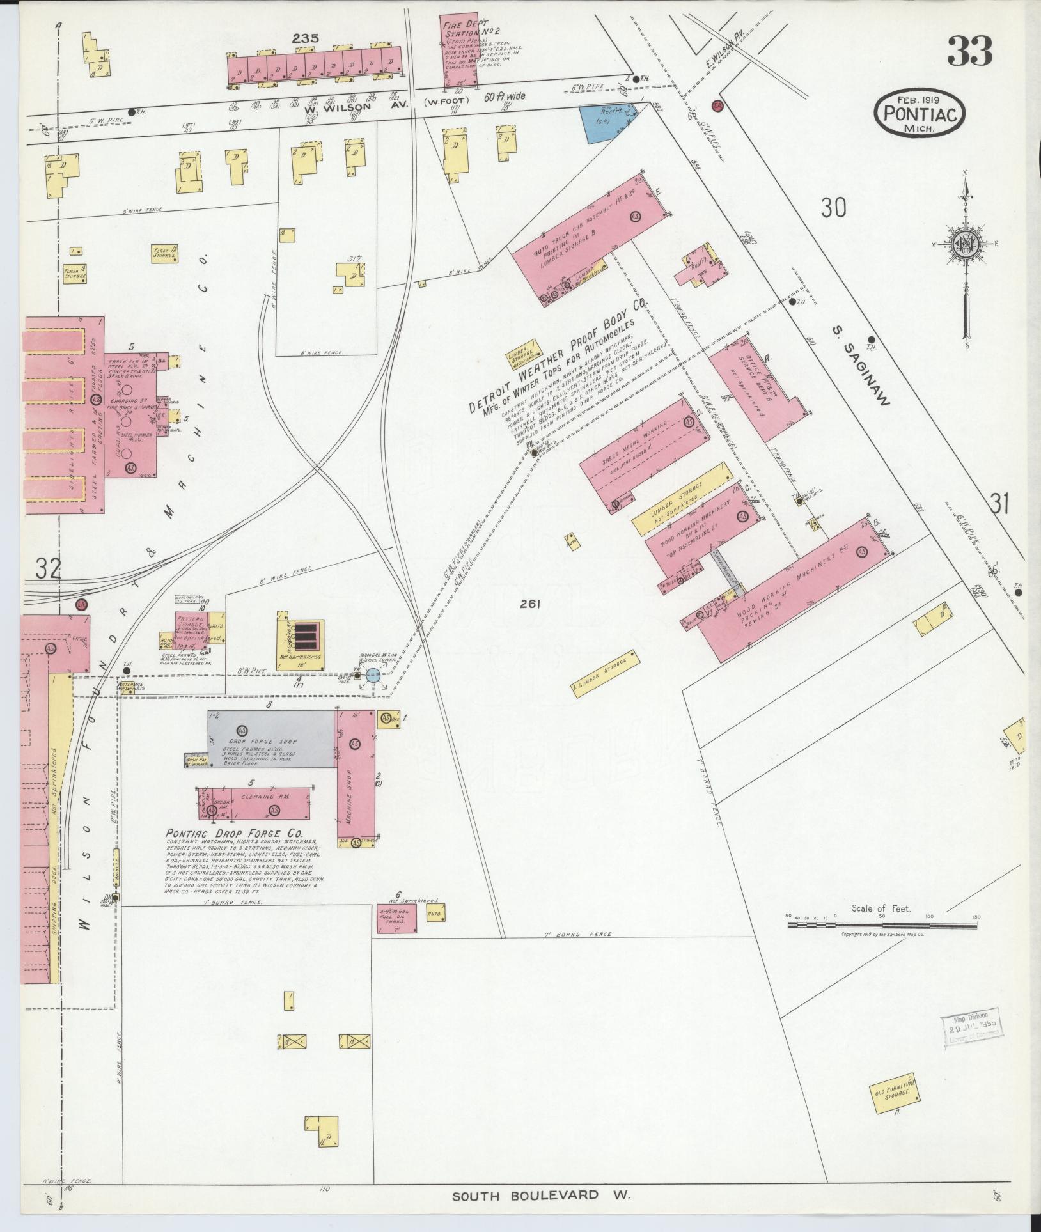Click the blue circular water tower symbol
[373, 674]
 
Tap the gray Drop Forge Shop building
[271, 738]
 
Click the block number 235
[306, 39]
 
